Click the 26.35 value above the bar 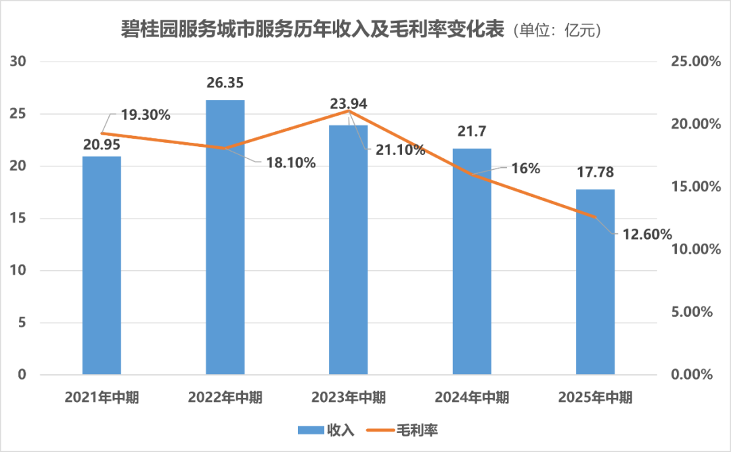tap(225, 83)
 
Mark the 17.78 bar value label tap(595, 173)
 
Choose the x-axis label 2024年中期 tap(472, 397)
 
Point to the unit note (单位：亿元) tap(558, 31)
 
